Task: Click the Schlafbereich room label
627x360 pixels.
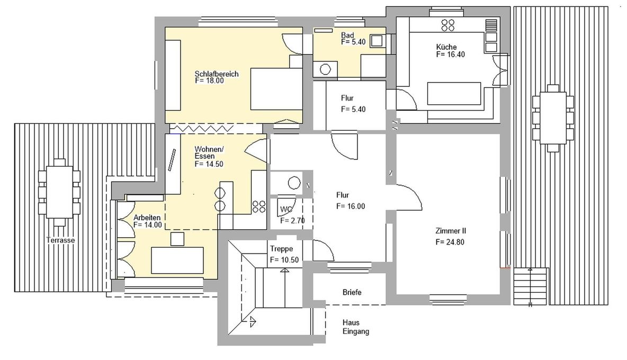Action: pyautogui.click(x=217, y=74)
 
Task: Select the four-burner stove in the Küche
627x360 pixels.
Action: pyautogui.click(x=448, y=25)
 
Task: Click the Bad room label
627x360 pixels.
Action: pyautogui.click(x=347, y=35)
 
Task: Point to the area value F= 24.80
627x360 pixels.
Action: pyautogui.click(x=451, y=242)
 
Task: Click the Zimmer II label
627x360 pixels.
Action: pyautogui.click(x=451, y=231)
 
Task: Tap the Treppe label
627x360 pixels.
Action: pyautogui.click(x=281, y=249)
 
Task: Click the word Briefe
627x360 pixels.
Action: pyautogui.click(x=352, y=292)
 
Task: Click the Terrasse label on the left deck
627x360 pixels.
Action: pyautogui.click(x=60, y=240)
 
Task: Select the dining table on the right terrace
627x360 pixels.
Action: pyautogui.click(x=553, y=119)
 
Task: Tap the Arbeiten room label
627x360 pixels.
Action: pyautogui.click(x=147, y=218)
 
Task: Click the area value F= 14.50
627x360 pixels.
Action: pyautogui.click(x=209, y=164)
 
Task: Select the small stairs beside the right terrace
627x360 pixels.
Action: pyautogui.click(x=531, y=286)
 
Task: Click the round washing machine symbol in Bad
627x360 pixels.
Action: pyautogui.click(x=326, y=69)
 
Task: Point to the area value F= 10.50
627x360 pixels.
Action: pyautogui.click(x=285, y=260)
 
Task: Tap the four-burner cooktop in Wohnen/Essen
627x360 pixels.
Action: pyautogui.click(x=259, y=205)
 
